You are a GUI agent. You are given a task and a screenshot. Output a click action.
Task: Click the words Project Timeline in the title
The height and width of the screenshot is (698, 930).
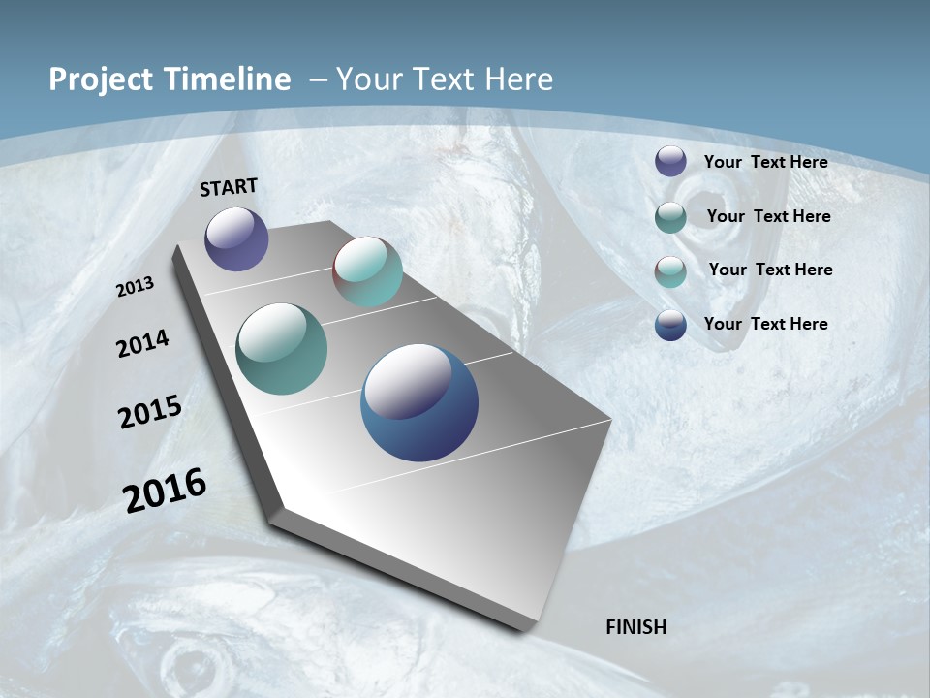[170, 79]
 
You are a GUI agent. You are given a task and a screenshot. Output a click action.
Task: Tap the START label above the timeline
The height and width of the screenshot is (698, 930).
[229, 187]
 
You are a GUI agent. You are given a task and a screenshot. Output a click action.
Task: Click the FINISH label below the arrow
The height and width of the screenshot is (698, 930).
[636, 627]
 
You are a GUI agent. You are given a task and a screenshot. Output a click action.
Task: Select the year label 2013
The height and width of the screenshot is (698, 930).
[136, 287]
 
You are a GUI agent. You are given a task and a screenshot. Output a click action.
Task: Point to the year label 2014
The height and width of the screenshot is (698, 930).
[142, 343]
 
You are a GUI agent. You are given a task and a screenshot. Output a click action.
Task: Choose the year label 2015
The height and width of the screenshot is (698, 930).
[150, 412]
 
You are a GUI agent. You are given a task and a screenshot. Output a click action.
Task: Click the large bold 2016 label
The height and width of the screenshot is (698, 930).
[165, 490]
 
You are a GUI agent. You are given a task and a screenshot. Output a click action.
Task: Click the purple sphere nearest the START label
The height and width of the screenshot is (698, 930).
[236, 238]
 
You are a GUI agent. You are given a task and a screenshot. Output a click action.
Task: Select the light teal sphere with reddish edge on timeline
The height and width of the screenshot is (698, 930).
[367, 271]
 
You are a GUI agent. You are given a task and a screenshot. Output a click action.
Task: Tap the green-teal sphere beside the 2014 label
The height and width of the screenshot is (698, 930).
[282, 349]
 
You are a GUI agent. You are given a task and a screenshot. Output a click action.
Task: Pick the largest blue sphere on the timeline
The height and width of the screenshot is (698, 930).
[419, 402]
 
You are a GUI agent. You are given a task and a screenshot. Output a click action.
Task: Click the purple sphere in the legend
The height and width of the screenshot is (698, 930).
[670, 161]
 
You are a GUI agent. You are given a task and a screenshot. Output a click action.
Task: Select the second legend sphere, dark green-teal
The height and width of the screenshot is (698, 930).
[670, 216]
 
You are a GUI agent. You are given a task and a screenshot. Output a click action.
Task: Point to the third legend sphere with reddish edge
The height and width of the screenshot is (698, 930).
[670, 270]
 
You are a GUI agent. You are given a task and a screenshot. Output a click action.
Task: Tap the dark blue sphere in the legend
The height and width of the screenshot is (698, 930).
[670, 325]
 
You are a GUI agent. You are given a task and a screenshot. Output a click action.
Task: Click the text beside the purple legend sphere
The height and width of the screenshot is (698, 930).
[765, 162]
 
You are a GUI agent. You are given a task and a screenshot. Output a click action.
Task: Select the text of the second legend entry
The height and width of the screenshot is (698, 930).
[768, 216]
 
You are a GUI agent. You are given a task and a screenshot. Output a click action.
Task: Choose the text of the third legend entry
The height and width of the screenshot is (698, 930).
[770, 270]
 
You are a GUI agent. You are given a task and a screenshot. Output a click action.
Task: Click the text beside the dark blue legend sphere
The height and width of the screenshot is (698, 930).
[765, 324]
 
